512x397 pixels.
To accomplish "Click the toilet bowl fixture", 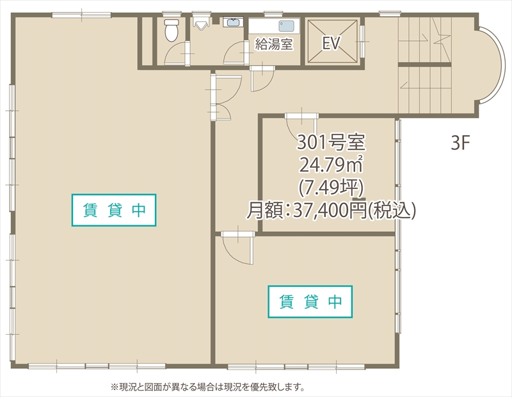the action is (x=171, y=30).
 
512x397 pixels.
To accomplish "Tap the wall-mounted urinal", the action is (x=200, y=24).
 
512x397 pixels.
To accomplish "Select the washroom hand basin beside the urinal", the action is (x=233, y=22).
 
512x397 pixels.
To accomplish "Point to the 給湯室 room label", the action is (x=274, y=44).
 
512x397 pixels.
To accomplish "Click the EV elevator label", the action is (x=331, y=43).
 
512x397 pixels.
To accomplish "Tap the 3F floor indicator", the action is (x=460, y=143).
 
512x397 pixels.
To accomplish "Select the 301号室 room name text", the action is (x=331, y=142).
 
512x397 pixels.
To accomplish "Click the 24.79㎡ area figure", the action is (x=331, y=165).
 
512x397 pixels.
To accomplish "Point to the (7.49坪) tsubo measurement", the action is (x=331, y=187).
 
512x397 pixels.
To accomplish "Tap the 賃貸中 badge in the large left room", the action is (x=114, y=210).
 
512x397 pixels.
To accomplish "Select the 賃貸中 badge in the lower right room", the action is (x=310, y=302).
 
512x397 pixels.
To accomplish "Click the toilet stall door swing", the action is (x=177, y=53).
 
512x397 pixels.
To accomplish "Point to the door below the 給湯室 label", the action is (x=262, y=78).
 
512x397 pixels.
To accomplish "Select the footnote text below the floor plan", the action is (x=208, y=387).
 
